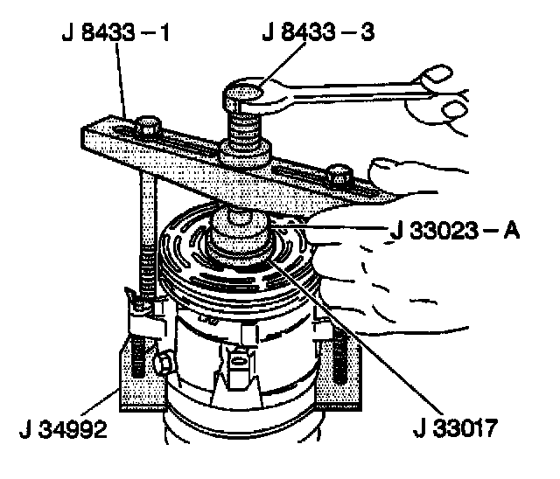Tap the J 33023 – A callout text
click(454, 232)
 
